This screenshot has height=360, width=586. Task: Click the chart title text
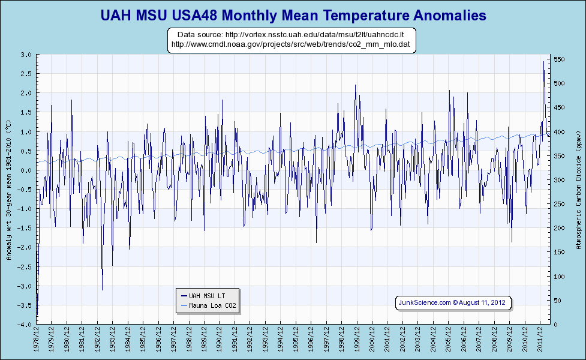coord(293,14)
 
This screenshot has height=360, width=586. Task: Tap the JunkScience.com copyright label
coord(453,302)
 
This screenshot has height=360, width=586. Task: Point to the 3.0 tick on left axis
coord(26,55)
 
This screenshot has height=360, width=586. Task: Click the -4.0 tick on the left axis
coord(25,325)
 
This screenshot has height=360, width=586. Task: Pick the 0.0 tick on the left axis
coord(26,170)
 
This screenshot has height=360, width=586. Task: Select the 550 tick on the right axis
coord(560,59)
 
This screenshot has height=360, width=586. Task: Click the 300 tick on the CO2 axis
coord(560,180)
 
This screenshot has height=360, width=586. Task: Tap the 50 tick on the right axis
coord(558,301)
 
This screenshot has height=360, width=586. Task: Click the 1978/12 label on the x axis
coord(37,340)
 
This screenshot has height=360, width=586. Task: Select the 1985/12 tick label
coord(144,340)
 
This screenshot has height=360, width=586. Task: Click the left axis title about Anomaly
coord(8,190)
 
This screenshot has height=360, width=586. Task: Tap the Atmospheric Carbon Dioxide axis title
coord(578,190)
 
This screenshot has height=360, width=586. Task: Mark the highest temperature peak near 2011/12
coord(543,61)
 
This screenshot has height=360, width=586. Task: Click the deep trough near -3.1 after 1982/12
coord(102,290)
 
